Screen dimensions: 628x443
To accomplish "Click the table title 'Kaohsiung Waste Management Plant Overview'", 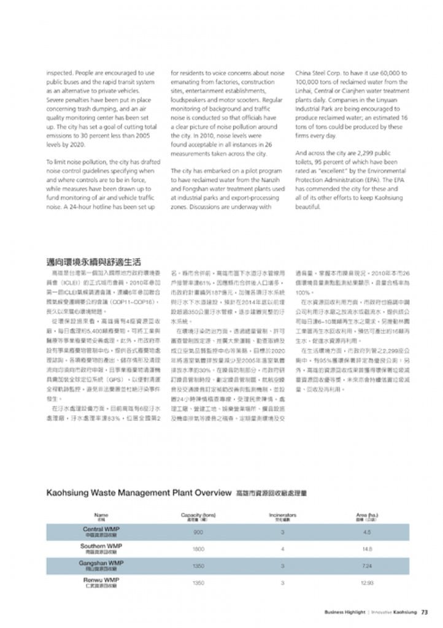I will [139, 492].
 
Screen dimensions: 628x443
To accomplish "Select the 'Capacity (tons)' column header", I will [198, 515].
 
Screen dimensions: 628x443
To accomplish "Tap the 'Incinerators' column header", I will [283, 515].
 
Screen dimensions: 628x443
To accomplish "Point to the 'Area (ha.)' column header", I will [367, 515].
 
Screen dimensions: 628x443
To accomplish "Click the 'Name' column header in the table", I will [101, 515].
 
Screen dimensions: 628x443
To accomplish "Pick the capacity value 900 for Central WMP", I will [198, 532].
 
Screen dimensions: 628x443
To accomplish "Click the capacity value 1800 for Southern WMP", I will [198, 549].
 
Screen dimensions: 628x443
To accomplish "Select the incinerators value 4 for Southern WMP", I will [283, 549].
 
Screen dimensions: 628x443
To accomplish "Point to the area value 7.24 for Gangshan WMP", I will [367, 565].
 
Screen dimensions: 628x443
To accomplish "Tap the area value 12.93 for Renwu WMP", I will [367, 582].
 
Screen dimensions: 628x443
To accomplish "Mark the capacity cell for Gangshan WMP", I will [198, 565].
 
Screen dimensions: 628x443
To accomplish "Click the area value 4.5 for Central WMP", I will [367, 532].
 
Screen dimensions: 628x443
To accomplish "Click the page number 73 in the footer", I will [424, 611].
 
